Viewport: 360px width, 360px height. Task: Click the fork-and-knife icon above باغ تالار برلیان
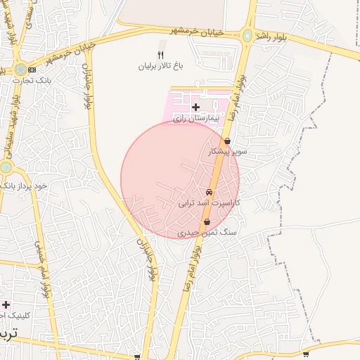tap(160, 56)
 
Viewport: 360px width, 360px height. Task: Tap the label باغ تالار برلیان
tap(160, 67)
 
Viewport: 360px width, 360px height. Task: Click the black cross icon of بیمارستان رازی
tap(195, 107)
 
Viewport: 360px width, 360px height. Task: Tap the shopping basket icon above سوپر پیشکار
tap(227, 141)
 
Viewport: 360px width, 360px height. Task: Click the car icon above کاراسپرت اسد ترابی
tap(209, 192)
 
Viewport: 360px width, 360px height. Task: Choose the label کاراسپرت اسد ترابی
tap(209, 202)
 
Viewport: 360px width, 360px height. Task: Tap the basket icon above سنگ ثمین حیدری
tap(206, 221)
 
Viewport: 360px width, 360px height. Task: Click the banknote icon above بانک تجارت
tap(32, 70)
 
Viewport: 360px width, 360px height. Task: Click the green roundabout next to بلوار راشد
tap(247, 35)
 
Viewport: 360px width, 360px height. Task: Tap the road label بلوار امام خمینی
tap(43, 267)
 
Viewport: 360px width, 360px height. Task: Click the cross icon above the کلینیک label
tap(6, 304)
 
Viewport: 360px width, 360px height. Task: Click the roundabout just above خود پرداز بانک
tap(6, 167)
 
